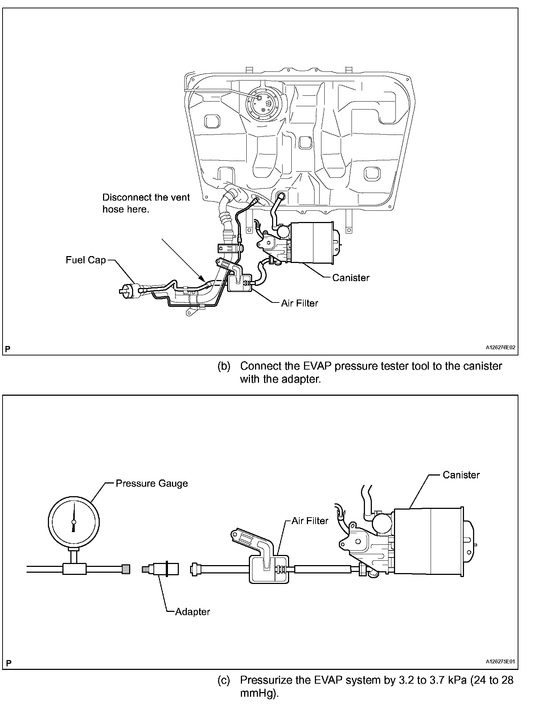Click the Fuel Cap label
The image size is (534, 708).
pos(86,260)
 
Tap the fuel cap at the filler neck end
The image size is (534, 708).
pos(128,290)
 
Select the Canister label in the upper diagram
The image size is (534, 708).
pos(350,278)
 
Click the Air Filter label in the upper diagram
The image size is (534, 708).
pos(299,303)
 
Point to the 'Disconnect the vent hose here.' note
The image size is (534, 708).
pos(146,203)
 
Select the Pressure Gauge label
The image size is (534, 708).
pos(152,483)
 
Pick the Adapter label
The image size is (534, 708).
pos(192,612)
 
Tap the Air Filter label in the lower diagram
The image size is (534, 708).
pos(310,521)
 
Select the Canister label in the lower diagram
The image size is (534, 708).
pos(461,475)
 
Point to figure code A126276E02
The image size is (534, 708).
pos(501,347)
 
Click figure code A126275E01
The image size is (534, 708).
pos(501,662)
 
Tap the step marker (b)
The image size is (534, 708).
pos(224,366)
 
